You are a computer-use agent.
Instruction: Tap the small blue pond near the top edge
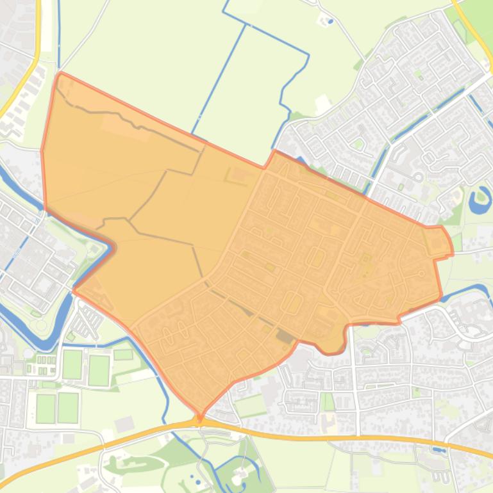pyautogui.click(x=330, y=21)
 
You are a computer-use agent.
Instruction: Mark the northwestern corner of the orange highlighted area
pyautogui.click(x=60, y=75)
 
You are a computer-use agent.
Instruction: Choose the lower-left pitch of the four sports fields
pyautogui.click(x=46, y=408)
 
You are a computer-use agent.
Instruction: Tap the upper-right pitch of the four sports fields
pyautogui.click(x=99, y=370)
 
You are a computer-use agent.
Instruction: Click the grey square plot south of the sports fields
pyautogui.click(x=124, y=424)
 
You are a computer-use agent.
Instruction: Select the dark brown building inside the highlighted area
pyautogui.click(x=283, y=335)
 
